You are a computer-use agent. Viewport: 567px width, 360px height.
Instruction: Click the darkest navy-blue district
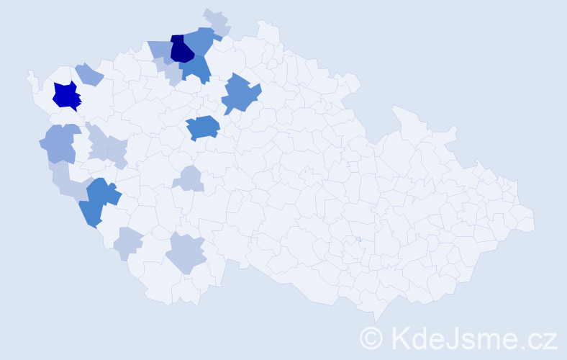click(181, 50)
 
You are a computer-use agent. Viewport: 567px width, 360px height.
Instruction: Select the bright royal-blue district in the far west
click(66, 96)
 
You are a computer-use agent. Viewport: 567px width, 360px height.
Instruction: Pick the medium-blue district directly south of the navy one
click(196, 68)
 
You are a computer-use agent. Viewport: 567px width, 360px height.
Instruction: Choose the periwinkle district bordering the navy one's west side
click(160, 50)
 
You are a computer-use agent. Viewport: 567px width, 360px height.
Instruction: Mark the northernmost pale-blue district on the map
click(216, 19)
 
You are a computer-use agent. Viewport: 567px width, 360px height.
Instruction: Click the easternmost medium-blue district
click(240, 94)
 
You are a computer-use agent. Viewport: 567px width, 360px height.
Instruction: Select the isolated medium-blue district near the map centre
click(203, 127)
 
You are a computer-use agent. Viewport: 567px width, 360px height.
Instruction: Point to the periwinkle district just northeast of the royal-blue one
click(89, 73)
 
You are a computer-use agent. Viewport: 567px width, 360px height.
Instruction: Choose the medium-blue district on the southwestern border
click(98, 201)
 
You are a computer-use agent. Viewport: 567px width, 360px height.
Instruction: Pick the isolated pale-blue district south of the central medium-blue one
click(190, 177)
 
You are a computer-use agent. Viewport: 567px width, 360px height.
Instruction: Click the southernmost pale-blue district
click(186, 253)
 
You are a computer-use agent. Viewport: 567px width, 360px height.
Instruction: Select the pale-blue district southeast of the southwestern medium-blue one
click(129, 243)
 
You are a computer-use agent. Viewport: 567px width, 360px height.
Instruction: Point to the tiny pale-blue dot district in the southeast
click(358, 239)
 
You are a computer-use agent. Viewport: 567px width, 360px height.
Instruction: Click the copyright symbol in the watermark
click(371, 338)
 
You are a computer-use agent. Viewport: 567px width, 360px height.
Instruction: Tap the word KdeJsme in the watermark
click(450, 338)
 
